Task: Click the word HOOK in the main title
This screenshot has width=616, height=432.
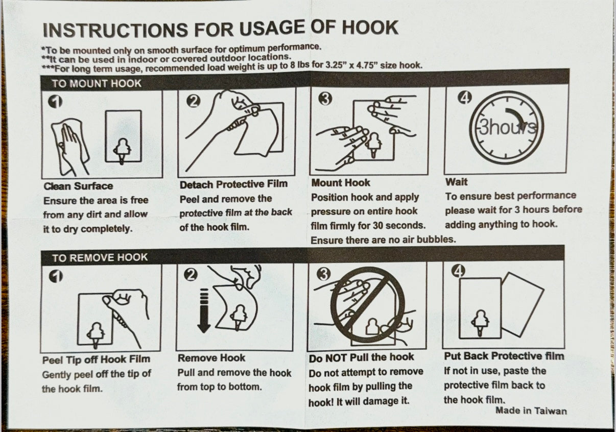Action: point(370,28)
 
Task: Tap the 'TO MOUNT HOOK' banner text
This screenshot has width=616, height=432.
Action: point(97,84)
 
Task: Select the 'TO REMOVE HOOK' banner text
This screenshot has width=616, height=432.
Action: point(100,258)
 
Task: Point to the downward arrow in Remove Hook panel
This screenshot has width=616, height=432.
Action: point(204,311)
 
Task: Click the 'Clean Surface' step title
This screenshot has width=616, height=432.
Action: point(78,186)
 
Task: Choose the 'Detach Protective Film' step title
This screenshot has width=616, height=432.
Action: point(234,184)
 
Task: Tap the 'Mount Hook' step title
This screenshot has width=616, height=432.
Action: point(341,183)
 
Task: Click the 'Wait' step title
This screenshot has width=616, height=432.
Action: point(456,182)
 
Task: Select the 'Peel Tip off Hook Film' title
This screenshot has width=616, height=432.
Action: point(96,359)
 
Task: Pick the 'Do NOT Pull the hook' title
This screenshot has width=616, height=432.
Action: point(361,357)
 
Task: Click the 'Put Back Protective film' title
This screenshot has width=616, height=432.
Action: point(504,356)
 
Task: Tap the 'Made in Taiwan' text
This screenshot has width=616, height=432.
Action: point(531,411)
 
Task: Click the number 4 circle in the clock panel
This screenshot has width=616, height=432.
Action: point(465,98)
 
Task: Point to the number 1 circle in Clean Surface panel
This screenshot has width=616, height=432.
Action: point(55,102)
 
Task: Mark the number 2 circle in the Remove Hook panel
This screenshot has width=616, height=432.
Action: point(191,275)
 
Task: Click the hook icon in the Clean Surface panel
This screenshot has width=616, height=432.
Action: point(123,151)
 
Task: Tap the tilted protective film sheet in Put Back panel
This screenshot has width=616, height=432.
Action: point(523,304)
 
